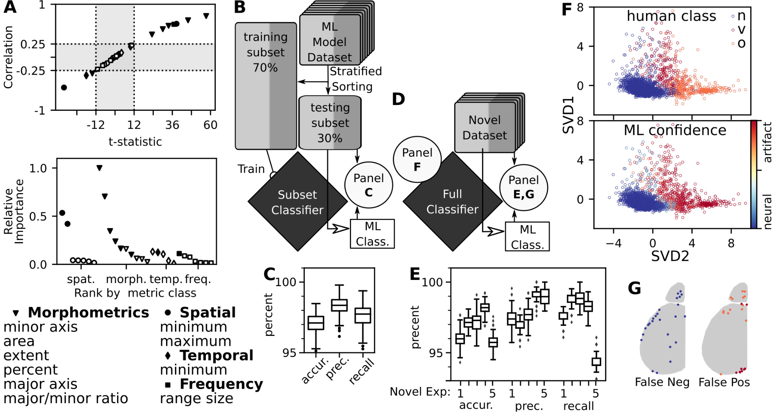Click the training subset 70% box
point(266,86)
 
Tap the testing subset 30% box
point(330,122)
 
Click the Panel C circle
point(369,185)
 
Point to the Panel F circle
point(417,159)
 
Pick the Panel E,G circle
point(524,187)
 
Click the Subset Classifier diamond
point(297,202)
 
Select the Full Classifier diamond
point(452,202)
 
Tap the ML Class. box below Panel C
point(372,234)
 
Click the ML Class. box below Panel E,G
point(527,237)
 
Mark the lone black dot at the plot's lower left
point(64,88)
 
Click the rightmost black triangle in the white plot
point(206,16)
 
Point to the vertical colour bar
point(753,174)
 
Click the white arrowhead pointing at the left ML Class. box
point(340,229)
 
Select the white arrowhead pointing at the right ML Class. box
point(495,231)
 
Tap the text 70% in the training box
point(265,68)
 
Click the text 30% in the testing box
point(330,138)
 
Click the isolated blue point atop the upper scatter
point(733,16)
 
